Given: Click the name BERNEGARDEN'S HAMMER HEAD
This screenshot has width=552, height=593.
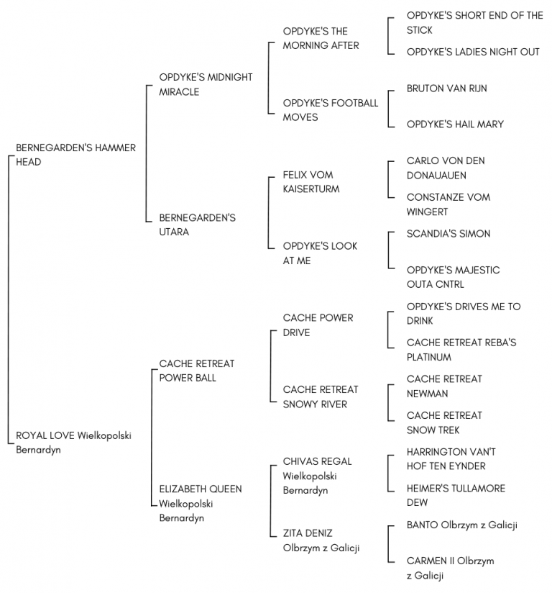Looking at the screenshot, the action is [75, 155].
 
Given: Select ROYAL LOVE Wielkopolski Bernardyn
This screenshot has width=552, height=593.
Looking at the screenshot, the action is [73, 443].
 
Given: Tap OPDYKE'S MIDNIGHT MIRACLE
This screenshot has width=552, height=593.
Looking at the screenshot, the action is [206, 84].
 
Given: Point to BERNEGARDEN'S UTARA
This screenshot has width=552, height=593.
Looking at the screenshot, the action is [197, 225].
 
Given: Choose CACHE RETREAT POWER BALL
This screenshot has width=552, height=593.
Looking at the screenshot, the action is [196, 371].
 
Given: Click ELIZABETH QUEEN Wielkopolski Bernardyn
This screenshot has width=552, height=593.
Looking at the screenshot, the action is [201, 503].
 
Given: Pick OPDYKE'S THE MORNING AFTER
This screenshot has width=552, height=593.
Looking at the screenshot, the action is [321, 38].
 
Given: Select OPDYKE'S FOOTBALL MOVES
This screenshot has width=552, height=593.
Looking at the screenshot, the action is [330, 110].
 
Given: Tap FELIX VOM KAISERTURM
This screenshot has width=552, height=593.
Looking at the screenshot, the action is [311, 182].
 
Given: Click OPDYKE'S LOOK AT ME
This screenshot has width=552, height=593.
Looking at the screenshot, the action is [320, 253].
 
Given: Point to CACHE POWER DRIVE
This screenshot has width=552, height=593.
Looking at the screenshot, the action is [318, 325].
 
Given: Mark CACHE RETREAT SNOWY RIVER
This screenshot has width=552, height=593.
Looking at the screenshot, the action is [321, 397].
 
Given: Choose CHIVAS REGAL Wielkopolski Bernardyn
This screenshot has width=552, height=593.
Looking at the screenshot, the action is [317, 476].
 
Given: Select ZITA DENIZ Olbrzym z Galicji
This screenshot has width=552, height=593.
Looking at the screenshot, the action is [321, 540].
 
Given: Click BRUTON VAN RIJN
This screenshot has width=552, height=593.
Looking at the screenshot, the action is [446, 89].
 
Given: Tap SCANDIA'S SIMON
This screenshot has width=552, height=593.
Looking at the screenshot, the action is [448, 234].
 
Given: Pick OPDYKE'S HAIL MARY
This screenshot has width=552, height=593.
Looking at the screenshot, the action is [455, 124].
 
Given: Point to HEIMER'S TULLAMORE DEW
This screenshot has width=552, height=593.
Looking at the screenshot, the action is [456, 495].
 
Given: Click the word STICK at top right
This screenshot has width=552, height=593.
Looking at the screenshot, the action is [419, 30].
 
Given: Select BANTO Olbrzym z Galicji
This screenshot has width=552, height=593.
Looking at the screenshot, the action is [461, 525].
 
